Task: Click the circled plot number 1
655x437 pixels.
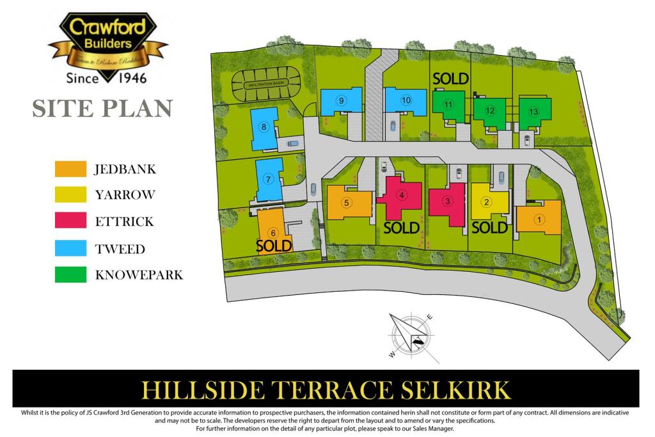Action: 539,219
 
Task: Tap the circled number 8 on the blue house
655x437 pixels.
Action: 264,127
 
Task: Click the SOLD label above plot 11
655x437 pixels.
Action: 451,78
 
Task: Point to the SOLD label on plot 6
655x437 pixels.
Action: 274,245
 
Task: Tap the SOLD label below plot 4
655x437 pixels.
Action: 401,227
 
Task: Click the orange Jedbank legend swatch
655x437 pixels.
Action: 70,169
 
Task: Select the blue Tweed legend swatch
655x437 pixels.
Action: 70,248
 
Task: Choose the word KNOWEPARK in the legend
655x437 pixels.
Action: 139,275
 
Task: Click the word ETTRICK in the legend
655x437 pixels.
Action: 124,222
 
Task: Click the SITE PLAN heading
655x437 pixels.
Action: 102,109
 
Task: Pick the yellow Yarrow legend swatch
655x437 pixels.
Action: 70,195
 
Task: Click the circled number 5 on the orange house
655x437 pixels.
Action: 346,203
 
